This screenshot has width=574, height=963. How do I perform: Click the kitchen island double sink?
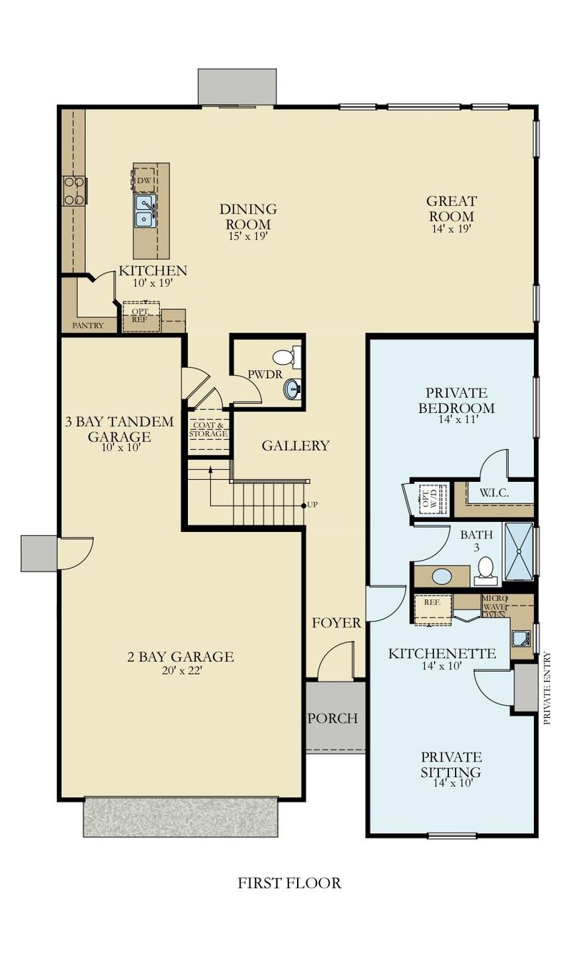146,211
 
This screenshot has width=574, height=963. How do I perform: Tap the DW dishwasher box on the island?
143,179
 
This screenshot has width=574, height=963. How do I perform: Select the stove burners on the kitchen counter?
75,191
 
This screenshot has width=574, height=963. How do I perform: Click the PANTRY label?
88,326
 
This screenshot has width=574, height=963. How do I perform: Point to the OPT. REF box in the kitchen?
140,316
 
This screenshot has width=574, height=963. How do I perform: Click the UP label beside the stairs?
312,506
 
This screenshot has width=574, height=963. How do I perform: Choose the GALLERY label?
295,446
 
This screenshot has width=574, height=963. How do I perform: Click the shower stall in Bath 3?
519,551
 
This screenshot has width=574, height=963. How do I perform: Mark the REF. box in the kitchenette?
433,603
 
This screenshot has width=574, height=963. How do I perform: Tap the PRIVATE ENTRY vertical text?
547,688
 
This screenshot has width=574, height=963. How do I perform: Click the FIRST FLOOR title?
289,883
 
